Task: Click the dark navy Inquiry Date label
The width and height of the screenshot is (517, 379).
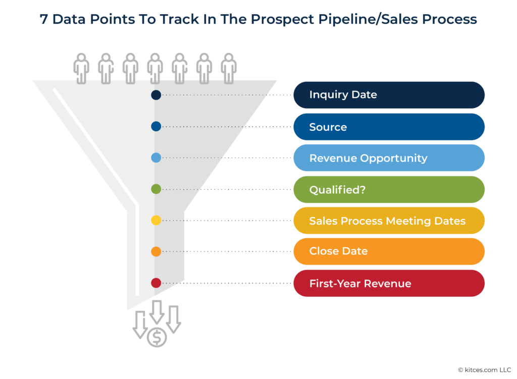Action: pyautogui.click(x=389, y=95)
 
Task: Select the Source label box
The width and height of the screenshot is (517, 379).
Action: pyautogui.click(x=389, y=127)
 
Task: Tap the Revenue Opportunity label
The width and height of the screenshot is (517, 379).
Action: pyautogui.click(x=389, y=158)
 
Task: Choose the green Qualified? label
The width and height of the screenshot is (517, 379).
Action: pyautogui.click(x=389, y=189)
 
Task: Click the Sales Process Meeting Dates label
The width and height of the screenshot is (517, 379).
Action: pyautogui.click(x=389, y=221)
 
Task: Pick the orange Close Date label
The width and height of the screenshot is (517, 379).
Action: pyautogui.click(x=389, y=251)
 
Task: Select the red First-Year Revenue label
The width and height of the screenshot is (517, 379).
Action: pyautogui.click(x=389, y=283)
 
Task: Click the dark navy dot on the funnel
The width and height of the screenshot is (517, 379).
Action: pyautogui.click(x=156, y=95)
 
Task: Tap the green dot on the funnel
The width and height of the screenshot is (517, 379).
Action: pyautogui.click(x=156, y=189)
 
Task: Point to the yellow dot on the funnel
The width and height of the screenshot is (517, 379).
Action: pyautogui.click(x=156, y=221)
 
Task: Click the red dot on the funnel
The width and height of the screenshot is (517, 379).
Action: pyautogui.click(x=156, y=283)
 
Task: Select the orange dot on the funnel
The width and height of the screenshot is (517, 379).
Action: pyautogui.click(x=156, y=251)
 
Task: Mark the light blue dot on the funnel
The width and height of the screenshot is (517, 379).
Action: pyautogui.click(x=156, y=158)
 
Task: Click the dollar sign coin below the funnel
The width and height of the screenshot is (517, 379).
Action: pyautogui.click(x=157, y=337)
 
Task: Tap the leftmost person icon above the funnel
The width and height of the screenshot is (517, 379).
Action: pyautogui.click(x=81, y=69)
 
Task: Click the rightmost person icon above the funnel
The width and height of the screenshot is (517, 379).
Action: pyautogui.click(x=229, y=69)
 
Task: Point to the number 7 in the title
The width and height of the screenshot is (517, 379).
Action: pyautogui.click(x=44, y=20)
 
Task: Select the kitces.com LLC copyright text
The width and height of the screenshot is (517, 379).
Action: pyautogui.click(x=484, y=369)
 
